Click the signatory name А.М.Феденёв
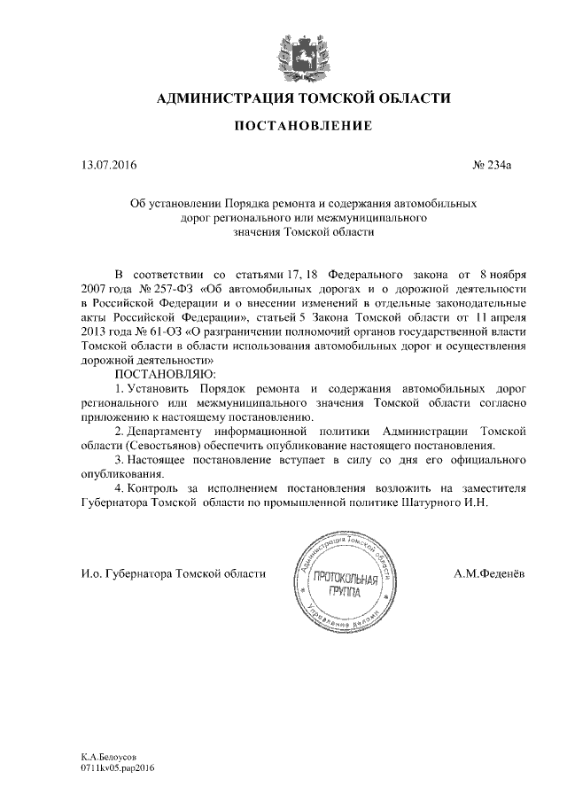488,574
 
